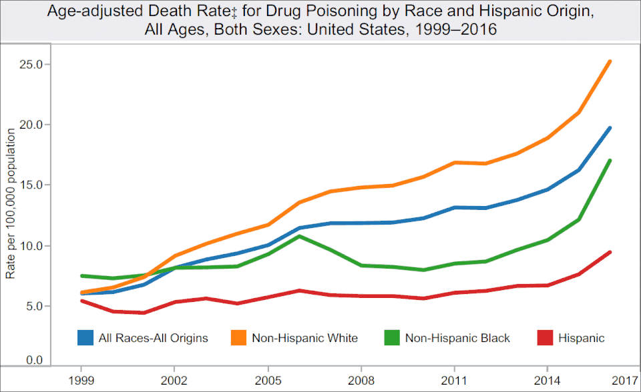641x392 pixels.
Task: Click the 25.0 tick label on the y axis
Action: tap(31, 65)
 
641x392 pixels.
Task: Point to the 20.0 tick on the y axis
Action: tap(31, 125)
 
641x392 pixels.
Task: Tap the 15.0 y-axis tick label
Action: tap(31, 185)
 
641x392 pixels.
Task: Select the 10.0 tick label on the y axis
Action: tap(31, 245)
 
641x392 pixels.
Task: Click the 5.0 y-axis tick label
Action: tap(34, 306)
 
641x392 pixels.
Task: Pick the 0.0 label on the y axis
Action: tap(34, 361)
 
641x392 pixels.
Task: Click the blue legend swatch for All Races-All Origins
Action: tap(85, 338)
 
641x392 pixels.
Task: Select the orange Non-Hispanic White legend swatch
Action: tap(238, 338)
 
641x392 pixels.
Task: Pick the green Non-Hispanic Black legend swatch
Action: tap(392, 338)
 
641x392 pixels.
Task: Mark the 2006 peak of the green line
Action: tap(299, 236)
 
